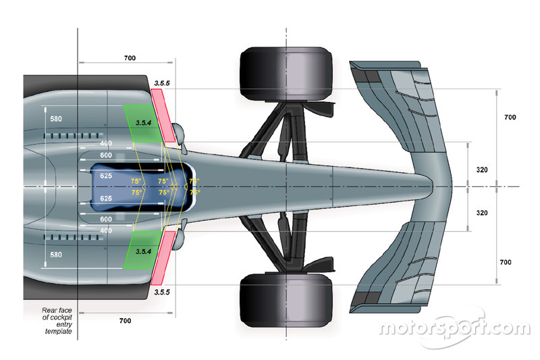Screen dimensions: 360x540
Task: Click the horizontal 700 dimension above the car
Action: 130,59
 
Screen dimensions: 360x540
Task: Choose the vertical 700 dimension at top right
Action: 510,118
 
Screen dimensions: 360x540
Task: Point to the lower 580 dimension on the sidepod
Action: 55,255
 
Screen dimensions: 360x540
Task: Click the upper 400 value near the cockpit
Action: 105,143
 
